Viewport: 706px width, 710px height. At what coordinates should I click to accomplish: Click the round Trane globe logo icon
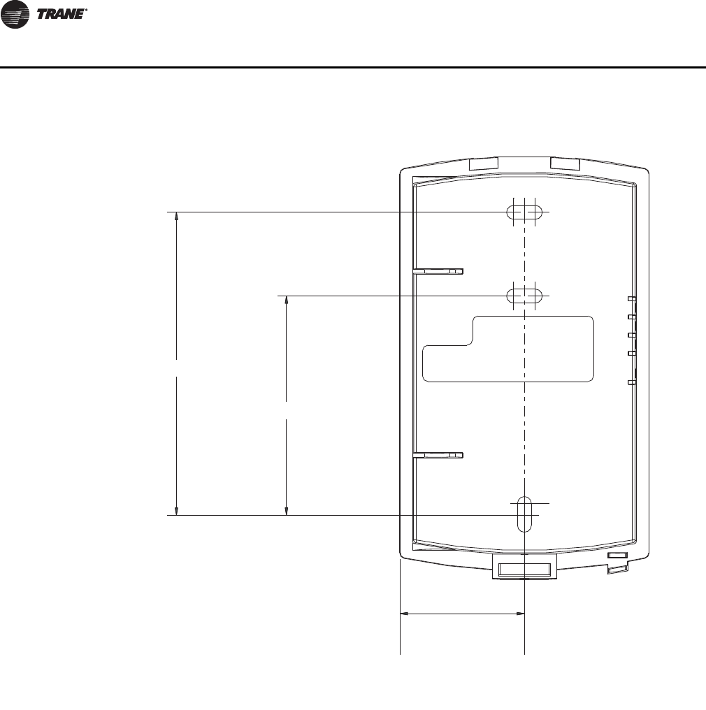point(15,14)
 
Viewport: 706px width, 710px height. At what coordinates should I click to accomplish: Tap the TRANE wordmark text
point(62,14)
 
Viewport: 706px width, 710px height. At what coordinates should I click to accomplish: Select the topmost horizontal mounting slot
point(524,212)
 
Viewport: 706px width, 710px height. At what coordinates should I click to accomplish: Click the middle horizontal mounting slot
point(524,296)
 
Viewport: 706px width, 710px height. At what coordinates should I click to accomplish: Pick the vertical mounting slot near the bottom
point(524,514)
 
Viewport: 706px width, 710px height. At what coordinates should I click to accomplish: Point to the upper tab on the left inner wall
point(438,271)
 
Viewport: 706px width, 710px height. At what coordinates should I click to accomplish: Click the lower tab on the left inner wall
point(438,455)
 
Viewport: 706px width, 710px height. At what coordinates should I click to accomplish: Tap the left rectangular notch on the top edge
point(483,164)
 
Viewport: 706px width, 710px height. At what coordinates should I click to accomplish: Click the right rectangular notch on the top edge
point(565,164)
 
